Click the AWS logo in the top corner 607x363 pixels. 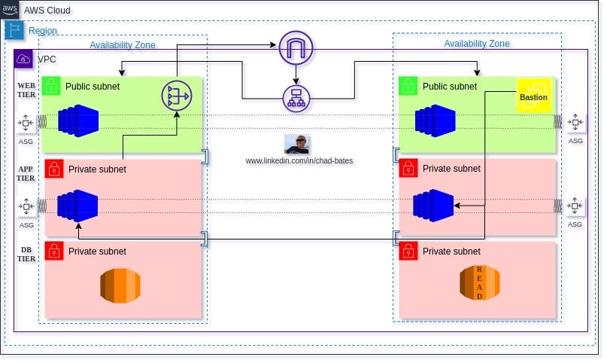pos(11,10)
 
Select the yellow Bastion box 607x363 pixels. pos(533,96)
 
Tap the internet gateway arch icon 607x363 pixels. pos(295,48)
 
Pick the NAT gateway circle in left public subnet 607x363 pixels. pos(177,95)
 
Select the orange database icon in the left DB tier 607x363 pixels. pos(120,285)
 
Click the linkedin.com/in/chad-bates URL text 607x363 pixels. pos(299,161)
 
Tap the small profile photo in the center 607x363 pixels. pos(297,144)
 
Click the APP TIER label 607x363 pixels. pos(26,174)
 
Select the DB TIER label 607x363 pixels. pos(26,254)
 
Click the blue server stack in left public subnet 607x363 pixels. pos(78,121)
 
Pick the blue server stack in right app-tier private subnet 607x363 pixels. pos(433,205)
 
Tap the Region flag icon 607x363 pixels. pos(14,30)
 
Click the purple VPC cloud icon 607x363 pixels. pos(23,59)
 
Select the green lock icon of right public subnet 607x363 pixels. pos(408,86)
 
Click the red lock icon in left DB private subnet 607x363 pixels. pos(53,251)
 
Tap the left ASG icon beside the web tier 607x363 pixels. pos(26,122)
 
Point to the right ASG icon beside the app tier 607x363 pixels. pos(575,205)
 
